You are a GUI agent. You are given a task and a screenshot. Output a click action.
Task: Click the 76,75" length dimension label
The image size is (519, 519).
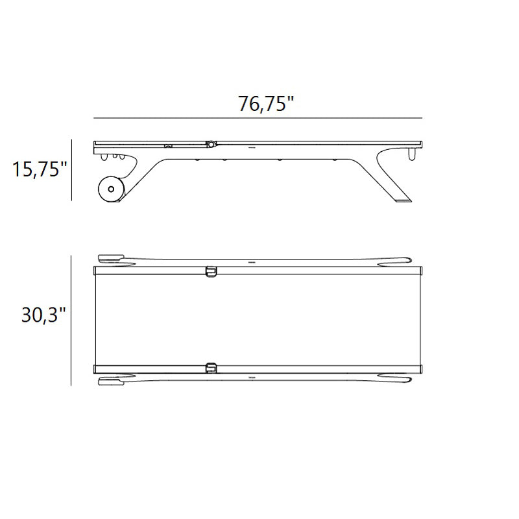point(266,104)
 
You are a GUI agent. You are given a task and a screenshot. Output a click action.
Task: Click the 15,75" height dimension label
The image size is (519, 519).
point(40,169)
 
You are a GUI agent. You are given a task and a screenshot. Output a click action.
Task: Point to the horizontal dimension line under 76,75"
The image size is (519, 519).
point(258,118)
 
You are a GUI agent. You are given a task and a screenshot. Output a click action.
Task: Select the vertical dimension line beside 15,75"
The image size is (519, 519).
point(72,170)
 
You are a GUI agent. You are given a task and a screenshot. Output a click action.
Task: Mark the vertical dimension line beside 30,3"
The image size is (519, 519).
point(71,320)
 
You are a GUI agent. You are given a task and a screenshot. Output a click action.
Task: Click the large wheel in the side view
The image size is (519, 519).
point(111,189)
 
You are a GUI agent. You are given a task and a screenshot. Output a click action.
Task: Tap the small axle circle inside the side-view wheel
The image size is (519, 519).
point(111,189)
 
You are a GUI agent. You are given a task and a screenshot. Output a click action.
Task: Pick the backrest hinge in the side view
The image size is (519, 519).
point(210,144)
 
